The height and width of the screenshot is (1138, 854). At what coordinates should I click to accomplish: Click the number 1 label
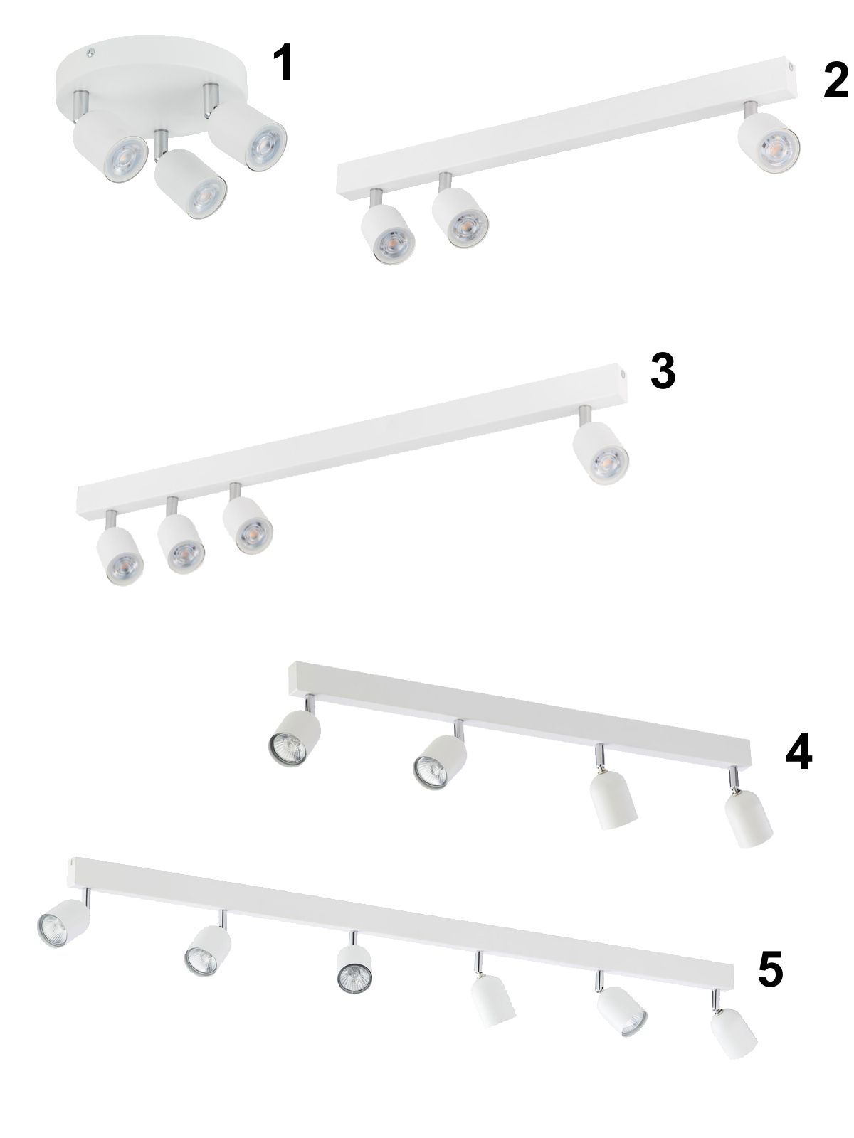point(284,62)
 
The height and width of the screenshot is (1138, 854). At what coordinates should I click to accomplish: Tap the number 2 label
point(835,80)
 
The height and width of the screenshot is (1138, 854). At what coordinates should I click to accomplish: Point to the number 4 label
point(798,751)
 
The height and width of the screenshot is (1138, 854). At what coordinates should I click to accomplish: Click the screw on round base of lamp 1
point(90,51)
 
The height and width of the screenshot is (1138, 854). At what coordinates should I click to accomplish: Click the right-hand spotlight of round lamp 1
point(248,136)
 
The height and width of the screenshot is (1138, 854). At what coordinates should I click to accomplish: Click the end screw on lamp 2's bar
point(790,67)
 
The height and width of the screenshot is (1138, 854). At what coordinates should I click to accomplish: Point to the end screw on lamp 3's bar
point(622,373)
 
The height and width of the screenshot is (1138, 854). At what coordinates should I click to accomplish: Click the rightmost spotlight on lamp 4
point(747,820)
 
